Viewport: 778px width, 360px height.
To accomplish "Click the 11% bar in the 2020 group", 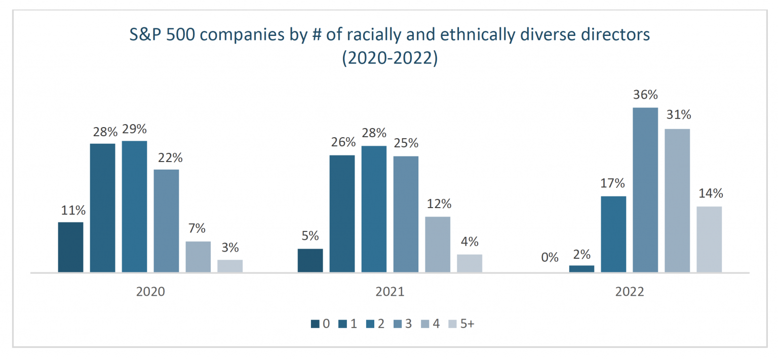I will coord(70,247).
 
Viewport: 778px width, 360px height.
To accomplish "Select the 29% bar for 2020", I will coord(134,207).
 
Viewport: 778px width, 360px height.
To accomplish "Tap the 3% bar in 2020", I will coord(230,266).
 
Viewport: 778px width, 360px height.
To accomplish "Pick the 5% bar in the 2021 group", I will coord(310,260).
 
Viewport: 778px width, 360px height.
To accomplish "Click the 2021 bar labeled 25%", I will coord(406,214).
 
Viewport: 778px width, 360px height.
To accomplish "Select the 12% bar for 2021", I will coord(438,245).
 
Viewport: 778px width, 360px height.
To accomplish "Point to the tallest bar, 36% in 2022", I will coord(645,190).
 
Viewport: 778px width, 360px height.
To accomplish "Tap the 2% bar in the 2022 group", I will coord(581,268).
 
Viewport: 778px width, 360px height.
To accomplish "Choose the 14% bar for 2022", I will coord(709,239).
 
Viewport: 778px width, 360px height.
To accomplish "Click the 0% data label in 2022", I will coord(550,257).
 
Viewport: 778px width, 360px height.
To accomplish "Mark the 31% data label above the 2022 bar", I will coord(678,115).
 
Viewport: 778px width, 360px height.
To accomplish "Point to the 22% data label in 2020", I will coord(167,157).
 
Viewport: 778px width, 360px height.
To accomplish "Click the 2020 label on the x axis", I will coord(150,292).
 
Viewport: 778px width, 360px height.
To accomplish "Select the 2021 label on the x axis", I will coord(390,292).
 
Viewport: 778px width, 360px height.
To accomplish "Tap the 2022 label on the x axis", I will coord(630,292).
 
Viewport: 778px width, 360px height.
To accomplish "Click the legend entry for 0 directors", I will coord(321,324).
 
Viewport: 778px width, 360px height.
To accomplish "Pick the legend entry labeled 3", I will coord(403,324).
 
